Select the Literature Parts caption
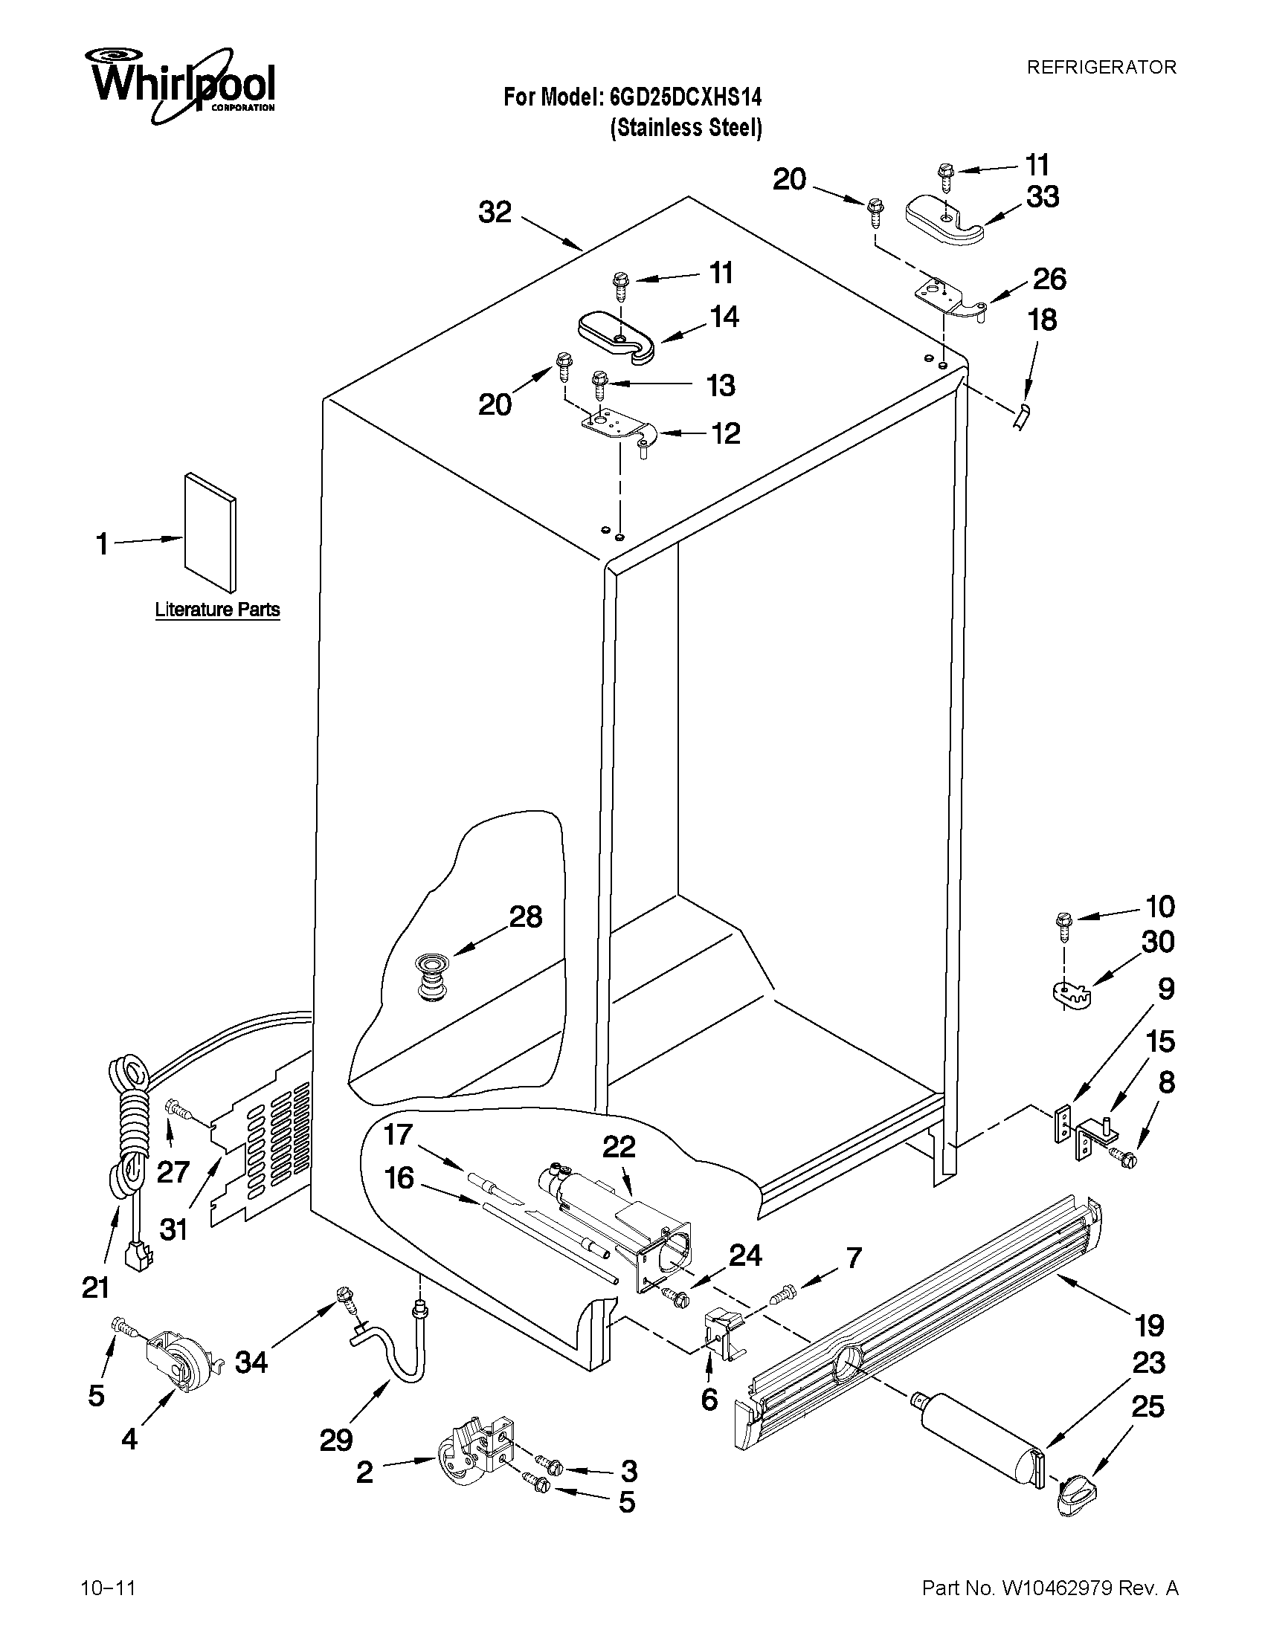[217, 610]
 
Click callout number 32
[495, 213]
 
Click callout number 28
[525, 917]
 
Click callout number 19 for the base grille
[1149, 1326]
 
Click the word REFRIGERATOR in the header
[1101, 68]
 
